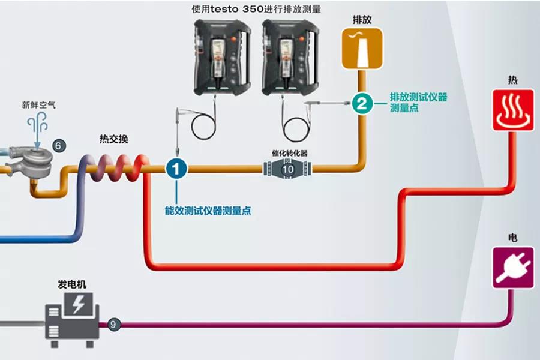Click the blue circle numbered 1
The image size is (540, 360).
pos(176,169)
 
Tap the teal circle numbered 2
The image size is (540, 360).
pos(361,103)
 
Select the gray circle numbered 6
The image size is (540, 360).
pos(58,145)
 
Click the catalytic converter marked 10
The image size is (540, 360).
pos(287,169)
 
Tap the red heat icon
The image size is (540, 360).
pos(513,110)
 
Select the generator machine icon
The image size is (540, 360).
pos(71,319)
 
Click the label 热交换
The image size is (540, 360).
pos(113,139)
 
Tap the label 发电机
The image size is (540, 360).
pos(70,283)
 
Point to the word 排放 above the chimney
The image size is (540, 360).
pos(362,20)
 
